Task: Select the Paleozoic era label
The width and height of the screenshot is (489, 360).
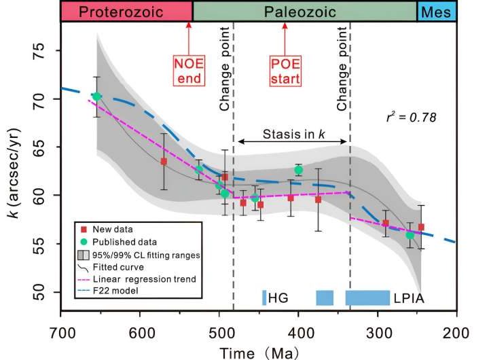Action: (x=304, y=11)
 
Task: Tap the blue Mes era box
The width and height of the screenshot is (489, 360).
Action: (x=437, y=11)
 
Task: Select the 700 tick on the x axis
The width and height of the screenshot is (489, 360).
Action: (x=61, y=335)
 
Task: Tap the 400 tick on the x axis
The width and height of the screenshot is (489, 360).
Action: (x=298, y=335)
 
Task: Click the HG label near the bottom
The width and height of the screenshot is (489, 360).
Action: (x=277, y=298)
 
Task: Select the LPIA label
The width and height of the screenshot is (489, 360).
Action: (x=405, y=298)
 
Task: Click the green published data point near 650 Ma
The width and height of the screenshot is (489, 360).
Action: (x=96, y=96)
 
